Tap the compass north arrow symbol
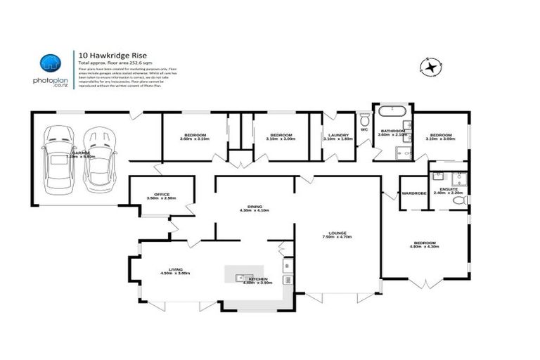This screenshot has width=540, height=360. tap(430, 66)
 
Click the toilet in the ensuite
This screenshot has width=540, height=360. tap(461, 200)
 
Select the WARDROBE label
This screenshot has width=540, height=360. tap(413, 193)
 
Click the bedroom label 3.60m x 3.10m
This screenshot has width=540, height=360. tap(195, 139)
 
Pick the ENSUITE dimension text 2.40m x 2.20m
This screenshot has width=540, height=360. tap(449, 193)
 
